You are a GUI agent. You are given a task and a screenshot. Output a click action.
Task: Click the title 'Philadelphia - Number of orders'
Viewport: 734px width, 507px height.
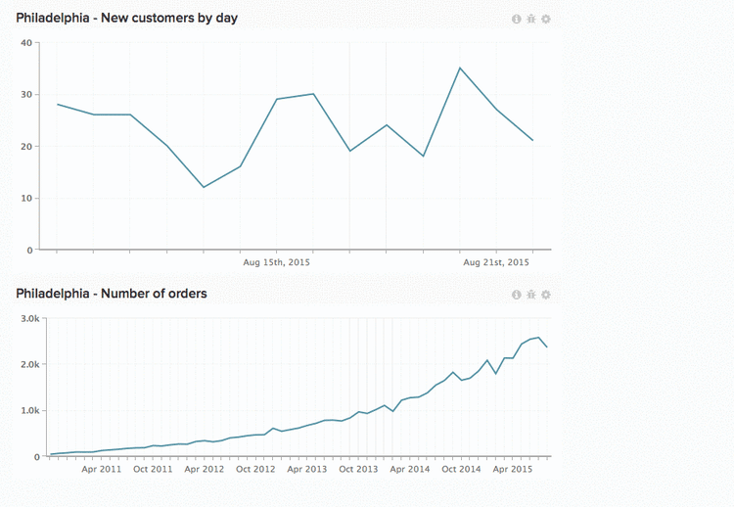[x=112, y=293]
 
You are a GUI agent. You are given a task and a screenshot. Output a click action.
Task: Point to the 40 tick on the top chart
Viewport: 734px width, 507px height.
[x=25, y=42]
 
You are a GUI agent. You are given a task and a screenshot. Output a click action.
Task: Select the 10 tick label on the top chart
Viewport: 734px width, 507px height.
[x=25, y=198]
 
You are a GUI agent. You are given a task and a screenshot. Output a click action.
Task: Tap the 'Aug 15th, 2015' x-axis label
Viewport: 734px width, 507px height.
[x=276, y=262]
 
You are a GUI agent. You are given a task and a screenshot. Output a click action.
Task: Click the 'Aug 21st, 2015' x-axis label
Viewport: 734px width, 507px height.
[x=495, y=262]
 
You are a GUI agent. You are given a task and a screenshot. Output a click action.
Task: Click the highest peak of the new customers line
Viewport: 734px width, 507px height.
[x=460, y=68]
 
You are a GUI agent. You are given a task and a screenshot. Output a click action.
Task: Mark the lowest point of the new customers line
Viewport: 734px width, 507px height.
[x=204, y=187]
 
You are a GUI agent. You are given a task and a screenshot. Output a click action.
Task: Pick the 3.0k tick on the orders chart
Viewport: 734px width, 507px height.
[x=24, y=318]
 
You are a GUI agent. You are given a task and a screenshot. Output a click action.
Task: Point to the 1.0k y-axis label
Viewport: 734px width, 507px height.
[x=24, y=411]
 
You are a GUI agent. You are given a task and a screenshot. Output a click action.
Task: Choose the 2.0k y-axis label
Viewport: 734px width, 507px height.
[x=24, y=364]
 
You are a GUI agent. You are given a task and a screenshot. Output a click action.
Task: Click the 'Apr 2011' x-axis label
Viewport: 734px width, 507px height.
[x=102, y=470]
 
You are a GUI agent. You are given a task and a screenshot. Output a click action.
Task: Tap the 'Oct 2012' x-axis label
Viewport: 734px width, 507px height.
[x=256, y=470]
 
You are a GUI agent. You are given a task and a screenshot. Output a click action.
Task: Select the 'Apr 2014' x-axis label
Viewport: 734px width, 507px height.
[x=409, y=470]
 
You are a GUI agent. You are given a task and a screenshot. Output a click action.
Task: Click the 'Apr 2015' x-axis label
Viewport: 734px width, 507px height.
[x=513, y=470]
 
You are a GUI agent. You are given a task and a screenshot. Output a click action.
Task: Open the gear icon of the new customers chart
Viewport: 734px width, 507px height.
[x=546, y=19]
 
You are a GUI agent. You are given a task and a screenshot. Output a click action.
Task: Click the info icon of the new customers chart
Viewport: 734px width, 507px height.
[x=517, y=19]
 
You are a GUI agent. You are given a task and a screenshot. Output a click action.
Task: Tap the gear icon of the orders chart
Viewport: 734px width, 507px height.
[x=546, y=295]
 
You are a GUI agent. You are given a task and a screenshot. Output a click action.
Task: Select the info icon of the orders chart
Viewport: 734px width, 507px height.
[x=517, y=295]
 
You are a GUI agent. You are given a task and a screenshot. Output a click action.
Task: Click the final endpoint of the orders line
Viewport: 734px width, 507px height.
[x=546, y=347]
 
